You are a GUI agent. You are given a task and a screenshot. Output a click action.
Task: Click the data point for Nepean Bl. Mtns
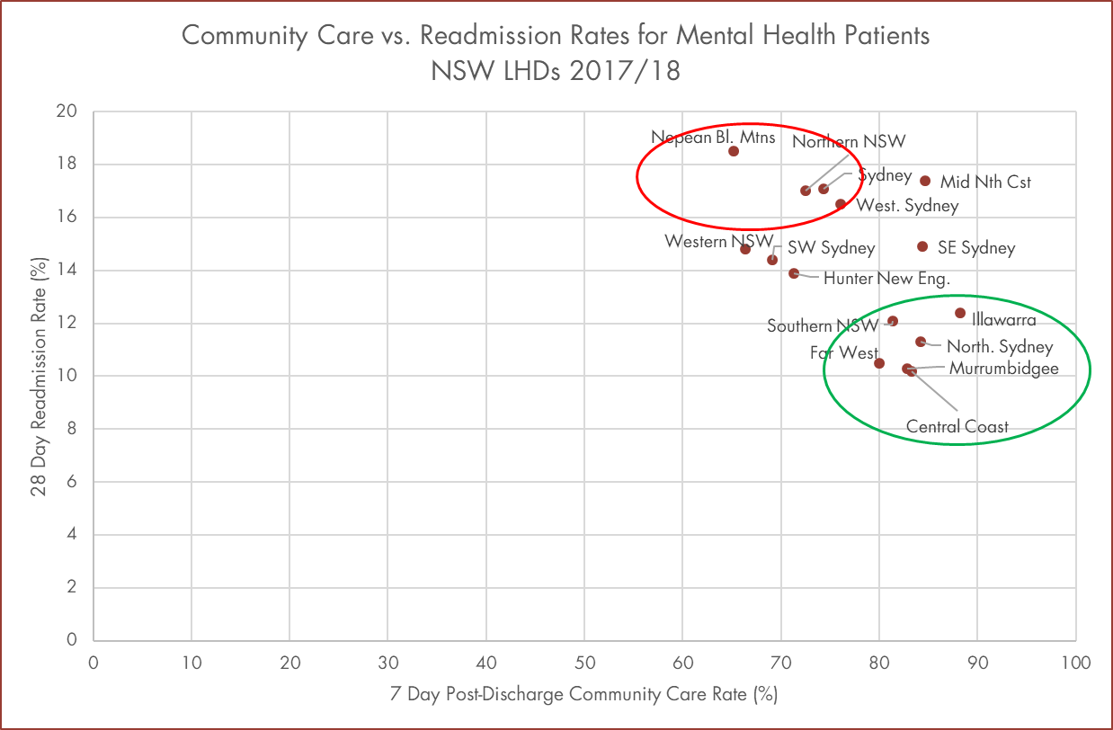click(x=734, y=151)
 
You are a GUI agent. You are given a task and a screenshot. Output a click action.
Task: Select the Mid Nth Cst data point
click(x=925, y=181)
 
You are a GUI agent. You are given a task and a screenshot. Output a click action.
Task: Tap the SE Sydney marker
click(x=922, y=246)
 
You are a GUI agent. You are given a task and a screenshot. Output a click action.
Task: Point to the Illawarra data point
click(x=960, y=313)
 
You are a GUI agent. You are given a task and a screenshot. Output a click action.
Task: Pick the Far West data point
click(x=879, y=363)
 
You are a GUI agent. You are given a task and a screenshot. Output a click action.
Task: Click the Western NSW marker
click(x=745, y=249)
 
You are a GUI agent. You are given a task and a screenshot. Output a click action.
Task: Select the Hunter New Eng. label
click(x=886, y=279)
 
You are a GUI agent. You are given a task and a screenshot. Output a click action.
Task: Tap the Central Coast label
click(x=957, y=427)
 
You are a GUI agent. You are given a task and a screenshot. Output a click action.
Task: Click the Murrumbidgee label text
click(x=1003, y=369)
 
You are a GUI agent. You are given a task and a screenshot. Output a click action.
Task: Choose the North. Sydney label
click(x=1000, y=347)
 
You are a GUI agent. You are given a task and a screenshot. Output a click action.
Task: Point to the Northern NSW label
click(x=849, y=142)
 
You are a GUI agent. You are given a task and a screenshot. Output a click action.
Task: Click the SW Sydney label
click(x=831, y=248)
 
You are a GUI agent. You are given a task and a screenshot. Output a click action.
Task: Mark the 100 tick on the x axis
click(x=1075, y=663)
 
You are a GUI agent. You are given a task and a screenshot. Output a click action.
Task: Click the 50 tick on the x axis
click(x=584, y=663)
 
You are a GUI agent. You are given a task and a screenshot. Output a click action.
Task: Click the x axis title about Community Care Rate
click(x=583, y=695)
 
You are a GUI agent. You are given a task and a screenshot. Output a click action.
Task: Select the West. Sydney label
click(x=907, y=206)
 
